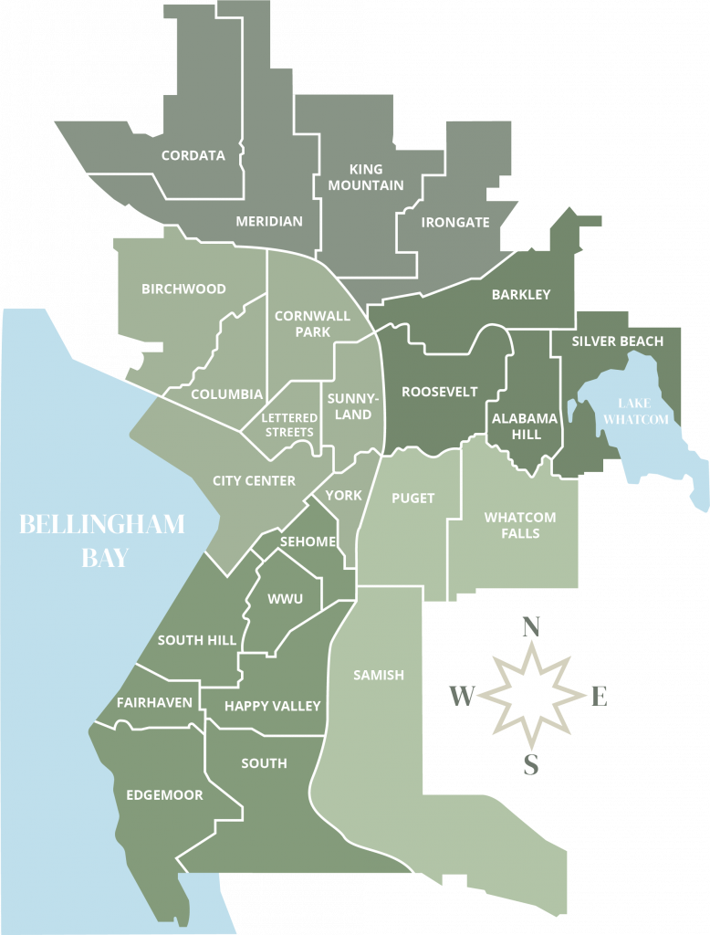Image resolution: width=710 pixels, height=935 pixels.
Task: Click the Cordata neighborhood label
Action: [193, 155]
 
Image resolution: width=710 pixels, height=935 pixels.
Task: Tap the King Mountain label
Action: [366, 177]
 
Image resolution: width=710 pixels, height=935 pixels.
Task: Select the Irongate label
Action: [455, 222]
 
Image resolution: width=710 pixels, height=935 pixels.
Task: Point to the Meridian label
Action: [269, 221]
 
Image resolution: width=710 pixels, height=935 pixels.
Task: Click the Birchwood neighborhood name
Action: [183, 289]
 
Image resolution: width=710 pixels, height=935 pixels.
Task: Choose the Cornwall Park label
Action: [312, 324]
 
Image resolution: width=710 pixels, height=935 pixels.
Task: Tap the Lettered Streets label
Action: [289, 425]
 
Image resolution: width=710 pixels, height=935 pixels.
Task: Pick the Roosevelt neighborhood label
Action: [440, 392]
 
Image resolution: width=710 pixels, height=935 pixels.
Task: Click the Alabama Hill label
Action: [525, 426]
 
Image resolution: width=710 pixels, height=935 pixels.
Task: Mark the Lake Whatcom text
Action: [643, 411]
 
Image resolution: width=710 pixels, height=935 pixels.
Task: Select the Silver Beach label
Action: [618, 341]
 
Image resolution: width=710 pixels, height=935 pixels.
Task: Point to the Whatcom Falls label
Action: [520, 525]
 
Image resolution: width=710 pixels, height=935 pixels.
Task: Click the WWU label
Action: [286, 599]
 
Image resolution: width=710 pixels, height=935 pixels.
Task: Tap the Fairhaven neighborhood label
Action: [154, 702]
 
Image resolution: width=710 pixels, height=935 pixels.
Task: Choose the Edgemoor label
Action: [164, 795]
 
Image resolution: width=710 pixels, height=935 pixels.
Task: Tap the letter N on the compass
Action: [530, 627]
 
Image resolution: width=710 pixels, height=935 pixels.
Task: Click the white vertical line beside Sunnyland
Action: [321, 415]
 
